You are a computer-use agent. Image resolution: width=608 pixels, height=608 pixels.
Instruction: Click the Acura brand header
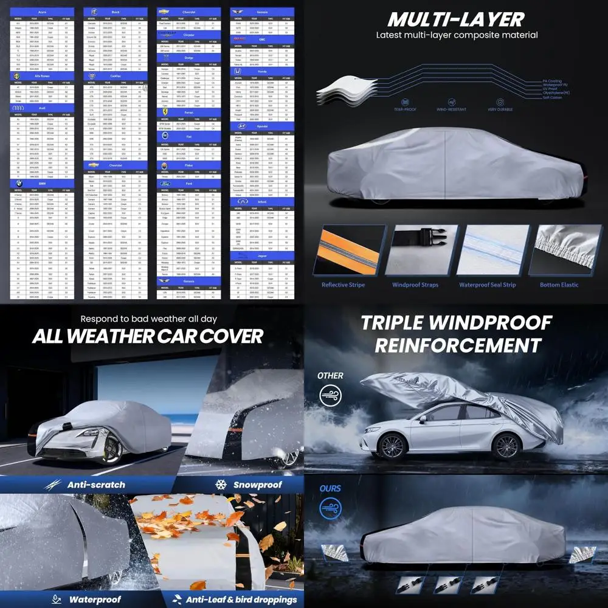point(43,12)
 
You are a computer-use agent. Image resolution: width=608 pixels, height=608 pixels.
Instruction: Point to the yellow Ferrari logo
point(164,112)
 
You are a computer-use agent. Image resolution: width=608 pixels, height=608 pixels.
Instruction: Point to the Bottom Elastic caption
point(559,285)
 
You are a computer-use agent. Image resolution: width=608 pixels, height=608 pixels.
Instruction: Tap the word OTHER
point(330,376)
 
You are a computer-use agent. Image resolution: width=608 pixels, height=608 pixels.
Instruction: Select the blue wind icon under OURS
point(331,509)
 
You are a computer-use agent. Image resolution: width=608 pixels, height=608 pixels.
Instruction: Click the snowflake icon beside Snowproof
point(221,485)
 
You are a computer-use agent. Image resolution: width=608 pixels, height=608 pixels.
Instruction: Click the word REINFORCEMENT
point(457,345)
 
